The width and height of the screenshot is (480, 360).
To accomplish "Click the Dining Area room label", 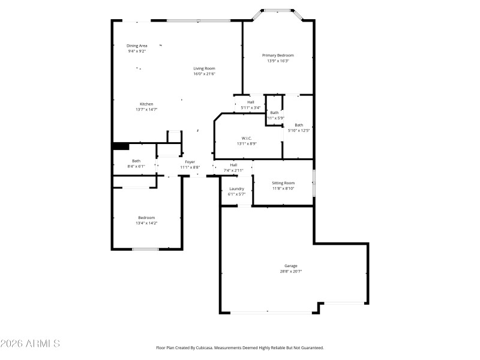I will coord(137,46).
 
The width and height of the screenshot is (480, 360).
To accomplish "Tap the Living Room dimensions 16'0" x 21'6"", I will coord(204,74).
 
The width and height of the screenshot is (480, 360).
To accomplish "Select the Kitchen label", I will coord(146,104).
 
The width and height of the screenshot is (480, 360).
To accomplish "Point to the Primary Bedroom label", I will coord(278,55).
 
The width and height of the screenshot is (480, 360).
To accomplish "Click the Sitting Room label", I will coord(283,182).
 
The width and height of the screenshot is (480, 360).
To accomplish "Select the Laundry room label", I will coord(236,188).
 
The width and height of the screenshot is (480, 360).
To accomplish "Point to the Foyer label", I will coord(190,161).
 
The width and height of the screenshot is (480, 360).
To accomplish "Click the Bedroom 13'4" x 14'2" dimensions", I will coord(146,223).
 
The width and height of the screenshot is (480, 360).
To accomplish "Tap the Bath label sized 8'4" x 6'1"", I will coord(136,161).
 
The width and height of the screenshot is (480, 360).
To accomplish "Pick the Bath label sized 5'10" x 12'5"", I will coord(299,125).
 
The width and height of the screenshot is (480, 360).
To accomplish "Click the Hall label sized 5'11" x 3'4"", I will coord(250,102).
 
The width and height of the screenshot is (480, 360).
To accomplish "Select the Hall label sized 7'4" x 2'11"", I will coord(233,164).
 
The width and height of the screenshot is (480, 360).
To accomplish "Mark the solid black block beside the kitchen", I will coord(120,146).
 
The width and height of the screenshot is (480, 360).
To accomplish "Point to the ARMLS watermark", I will coord(30,344).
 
